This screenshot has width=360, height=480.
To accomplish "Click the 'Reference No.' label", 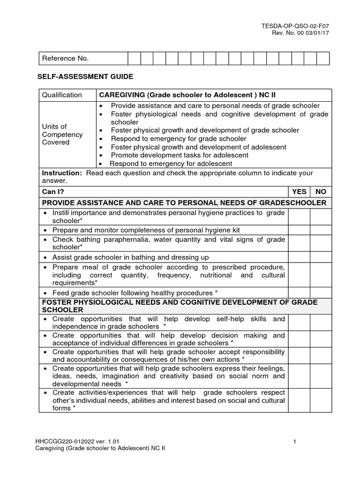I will pyautogui.click(x=65, y=59).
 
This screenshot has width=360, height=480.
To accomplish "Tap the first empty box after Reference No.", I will pyautogui.click(x=134, y=59).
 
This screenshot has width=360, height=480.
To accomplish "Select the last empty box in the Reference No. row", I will pyautogui.click(x=323, y=59).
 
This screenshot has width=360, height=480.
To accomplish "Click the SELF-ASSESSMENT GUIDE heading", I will pyautogui.click(x=85, y=76).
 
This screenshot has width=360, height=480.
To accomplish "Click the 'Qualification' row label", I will pyautogui.click(x=62, y=95).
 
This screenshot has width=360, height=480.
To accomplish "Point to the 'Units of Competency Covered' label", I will pyautogui.click(x=62, y=134).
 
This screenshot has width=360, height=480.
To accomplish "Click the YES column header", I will pyautogui.click(x=299, y=192).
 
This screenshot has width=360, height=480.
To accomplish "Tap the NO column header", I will pyautogui.click(x=321, y=192).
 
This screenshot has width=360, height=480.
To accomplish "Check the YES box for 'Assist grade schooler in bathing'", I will pyautogui.click(x=299, y=257).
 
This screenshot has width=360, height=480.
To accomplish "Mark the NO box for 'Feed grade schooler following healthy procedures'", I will pyautogui.click(x=321, y=292).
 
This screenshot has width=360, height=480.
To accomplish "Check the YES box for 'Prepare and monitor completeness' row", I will pyautogui.click(x=299, y=230).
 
